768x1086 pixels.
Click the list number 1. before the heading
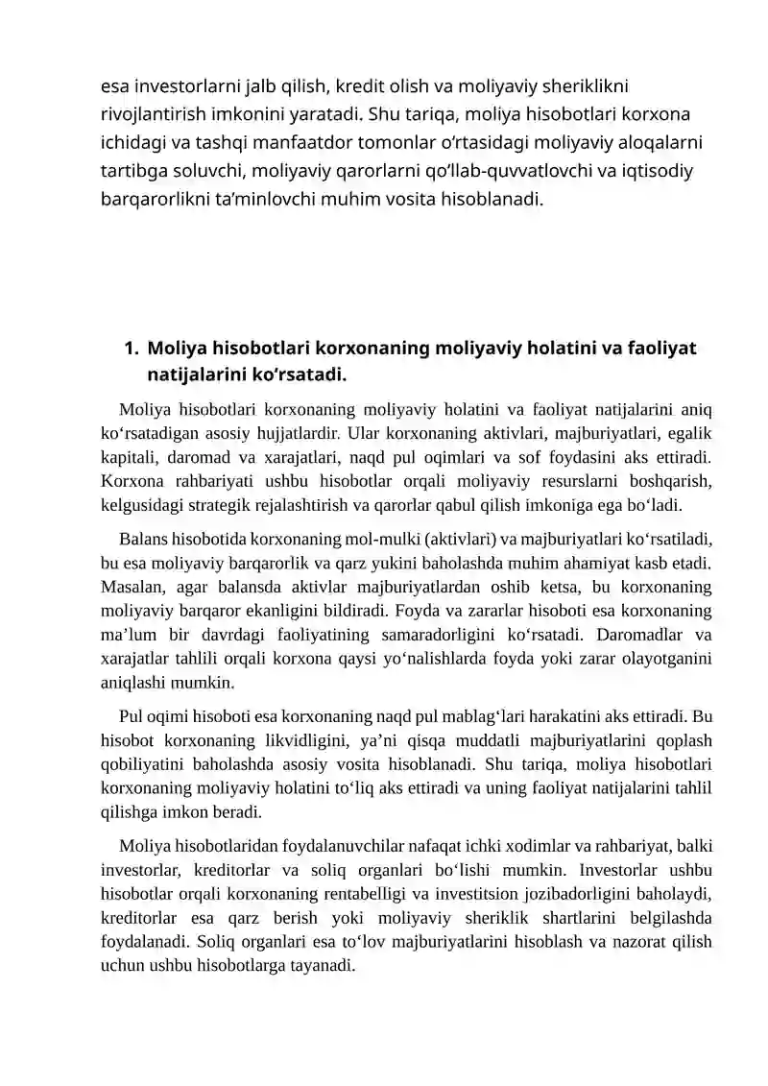click(x=132, y=347)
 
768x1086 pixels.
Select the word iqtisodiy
click(x=645, y=173)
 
